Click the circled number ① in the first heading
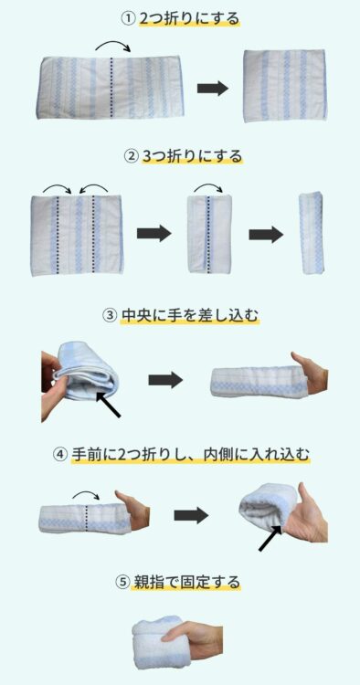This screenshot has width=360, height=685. [128, 20]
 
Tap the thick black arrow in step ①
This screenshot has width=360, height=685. [212, 89]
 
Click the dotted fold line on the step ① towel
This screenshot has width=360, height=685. [111, 88]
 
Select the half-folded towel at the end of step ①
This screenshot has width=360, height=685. [285, 86]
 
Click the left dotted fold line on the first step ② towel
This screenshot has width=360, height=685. [58, 236]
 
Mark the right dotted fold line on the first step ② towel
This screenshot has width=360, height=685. [93, 236]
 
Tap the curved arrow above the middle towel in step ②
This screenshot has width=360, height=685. [208, 188]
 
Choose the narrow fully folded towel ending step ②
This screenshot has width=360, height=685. [311, 233]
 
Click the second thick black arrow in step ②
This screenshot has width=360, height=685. [266, 235]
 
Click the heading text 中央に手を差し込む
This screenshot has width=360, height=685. [189, 315]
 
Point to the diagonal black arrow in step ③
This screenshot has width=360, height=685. [108, 405]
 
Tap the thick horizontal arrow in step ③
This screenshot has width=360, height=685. [165, 380]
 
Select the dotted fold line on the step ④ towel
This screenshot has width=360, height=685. [87, 519]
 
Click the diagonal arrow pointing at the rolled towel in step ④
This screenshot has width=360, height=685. [270, 538]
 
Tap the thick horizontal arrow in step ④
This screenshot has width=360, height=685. [191, 515]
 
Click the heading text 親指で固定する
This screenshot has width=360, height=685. [185, 583]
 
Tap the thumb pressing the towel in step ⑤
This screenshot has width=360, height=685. [177, 632]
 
